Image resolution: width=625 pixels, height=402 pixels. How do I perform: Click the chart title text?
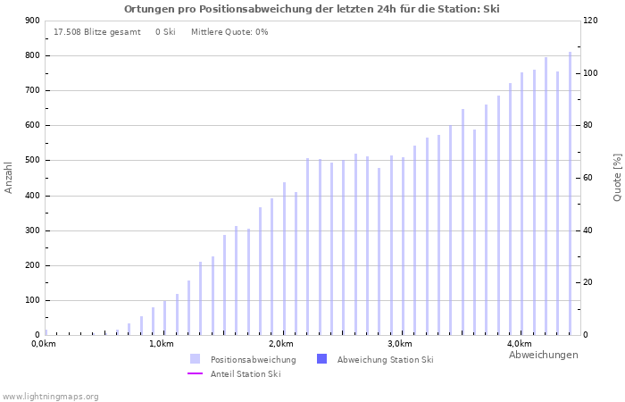click(312, 9)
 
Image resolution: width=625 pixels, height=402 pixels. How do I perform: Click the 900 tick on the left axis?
click(32, 21)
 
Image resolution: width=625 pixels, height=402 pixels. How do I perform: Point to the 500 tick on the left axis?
click(32, 161)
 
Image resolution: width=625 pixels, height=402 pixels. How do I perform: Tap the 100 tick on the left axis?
click(32, 300)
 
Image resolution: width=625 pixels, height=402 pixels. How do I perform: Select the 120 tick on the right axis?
click(591, 21)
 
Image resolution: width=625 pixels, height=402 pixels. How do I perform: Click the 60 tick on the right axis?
click(589, 178)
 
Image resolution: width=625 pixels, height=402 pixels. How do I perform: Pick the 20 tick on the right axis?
click(589, 282)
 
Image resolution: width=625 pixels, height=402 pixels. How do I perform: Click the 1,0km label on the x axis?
click(161, 344)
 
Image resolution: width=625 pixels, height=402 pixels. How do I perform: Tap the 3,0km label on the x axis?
click(399, 344)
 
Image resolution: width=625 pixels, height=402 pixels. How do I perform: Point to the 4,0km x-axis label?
click(519, 344)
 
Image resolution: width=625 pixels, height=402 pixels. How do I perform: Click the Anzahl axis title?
click(9, 177)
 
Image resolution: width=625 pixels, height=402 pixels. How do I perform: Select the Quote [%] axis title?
click(617, 177)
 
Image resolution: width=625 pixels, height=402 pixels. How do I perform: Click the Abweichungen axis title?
click(543, 355)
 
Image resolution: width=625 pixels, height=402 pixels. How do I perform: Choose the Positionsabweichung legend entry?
click(253, 360)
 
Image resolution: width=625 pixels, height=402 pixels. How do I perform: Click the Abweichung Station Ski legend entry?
click(385, 360)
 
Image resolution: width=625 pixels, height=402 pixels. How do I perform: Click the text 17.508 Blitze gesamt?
click(96, 32)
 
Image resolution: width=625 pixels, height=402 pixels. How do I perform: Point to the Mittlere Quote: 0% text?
click(229, 32)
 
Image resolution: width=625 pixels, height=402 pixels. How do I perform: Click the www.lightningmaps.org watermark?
click(50, 397)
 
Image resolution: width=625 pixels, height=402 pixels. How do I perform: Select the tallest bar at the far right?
click(570, 193)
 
